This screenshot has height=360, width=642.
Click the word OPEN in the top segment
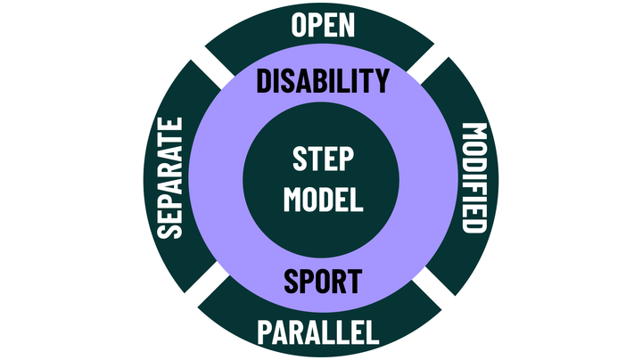click(x=323, y=25)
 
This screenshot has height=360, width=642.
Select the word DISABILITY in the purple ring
click(x=323, y=81)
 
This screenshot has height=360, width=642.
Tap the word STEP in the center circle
click(x=323, y=161)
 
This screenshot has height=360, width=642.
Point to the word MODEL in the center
click(x=323, y=199)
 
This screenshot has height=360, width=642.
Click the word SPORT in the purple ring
click(x=323, y=281)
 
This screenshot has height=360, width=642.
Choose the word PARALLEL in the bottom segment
click(x=318, y=333)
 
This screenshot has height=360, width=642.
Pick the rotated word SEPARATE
click(x=169, y=177)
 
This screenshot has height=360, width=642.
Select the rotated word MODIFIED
click(x=474, y=177)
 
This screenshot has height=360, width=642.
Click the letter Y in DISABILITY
click(x=381, y=81)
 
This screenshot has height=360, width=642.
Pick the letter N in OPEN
click(x=346, y=25)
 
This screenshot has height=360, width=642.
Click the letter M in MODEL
click(x=295, y=199)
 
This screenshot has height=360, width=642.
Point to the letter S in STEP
click(x=300, y=161)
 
